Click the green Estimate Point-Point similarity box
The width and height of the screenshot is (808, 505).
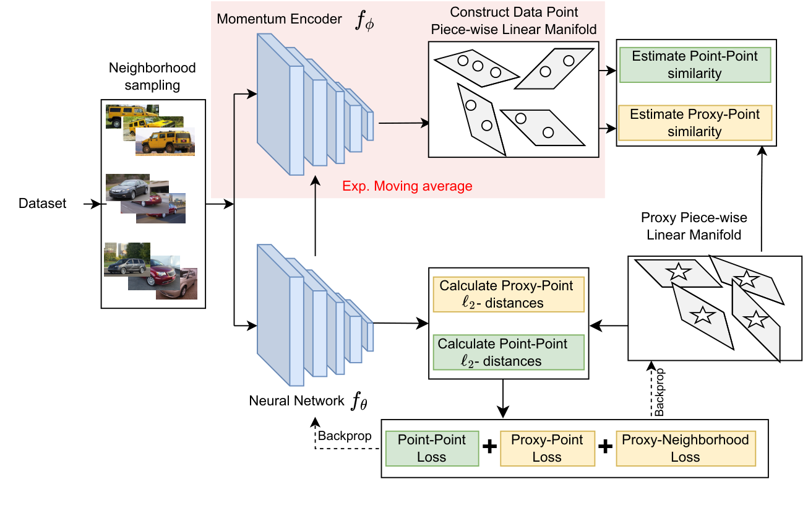point(695,65)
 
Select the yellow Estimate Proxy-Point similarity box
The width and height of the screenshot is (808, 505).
point(695,123)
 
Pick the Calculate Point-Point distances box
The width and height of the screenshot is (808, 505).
point(509,352)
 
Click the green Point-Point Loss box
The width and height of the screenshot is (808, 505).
point(432,449)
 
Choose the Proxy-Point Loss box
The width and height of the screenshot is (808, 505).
point(547,449)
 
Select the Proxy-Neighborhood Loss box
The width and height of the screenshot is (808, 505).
point(686,449)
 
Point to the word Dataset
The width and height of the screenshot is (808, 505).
point(42,204)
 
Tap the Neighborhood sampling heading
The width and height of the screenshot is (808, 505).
point(152,76)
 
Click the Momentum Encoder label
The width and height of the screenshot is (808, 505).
point(279,19)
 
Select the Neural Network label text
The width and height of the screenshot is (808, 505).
point(296,400)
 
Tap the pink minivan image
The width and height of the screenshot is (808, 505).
point(176,283)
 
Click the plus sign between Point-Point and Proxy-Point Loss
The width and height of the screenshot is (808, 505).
point(489,447)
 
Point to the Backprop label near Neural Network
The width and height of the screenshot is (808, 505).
point(345,436)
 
